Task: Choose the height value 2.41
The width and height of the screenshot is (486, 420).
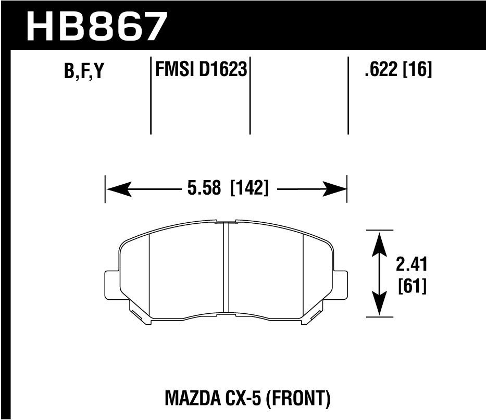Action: (x=411, y=265)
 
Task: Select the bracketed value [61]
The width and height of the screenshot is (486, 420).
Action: (x=411, y=286)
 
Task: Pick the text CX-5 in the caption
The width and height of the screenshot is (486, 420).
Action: (x=244, y=399)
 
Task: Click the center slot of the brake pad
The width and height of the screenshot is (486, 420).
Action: (x=226, y=268)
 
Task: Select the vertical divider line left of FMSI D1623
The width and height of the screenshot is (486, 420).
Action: (x=151, y=95)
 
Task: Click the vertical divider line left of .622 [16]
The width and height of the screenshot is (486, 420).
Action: (x=348, y=95)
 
